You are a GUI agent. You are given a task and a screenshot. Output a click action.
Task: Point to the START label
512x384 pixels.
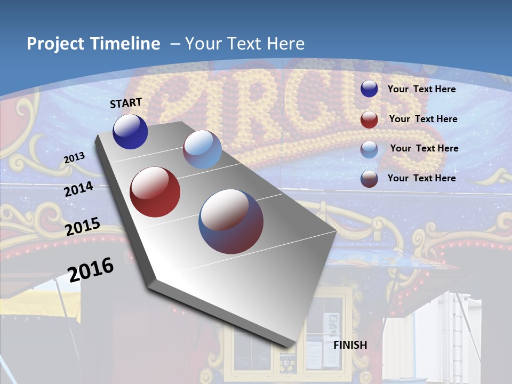126,103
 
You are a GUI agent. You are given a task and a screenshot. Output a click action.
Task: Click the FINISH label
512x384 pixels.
350,345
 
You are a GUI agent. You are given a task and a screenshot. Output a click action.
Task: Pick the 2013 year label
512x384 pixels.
74,158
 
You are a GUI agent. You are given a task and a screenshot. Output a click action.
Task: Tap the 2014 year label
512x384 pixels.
79,189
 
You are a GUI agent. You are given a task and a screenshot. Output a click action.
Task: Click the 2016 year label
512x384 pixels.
91,270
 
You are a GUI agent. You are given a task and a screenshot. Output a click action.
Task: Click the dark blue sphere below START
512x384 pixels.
130,132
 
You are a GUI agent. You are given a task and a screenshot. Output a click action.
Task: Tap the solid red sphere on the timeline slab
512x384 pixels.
155,192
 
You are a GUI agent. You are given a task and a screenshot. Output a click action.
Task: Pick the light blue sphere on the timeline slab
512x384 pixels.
202,149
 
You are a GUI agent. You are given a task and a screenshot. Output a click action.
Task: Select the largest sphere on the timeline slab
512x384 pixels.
231,221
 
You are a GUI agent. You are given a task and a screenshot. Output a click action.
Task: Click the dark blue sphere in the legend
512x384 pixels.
369,89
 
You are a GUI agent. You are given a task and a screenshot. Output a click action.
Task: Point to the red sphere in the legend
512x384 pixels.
369,119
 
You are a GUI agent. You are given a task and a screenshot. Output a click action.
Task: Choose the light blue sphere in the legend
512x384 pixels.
369,149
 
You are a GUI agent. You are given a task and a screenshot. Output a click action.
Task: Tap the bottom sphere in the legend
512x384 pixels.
369,179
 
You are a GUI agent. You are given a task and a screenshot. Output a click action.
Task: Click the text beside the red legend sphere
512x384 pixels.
423,119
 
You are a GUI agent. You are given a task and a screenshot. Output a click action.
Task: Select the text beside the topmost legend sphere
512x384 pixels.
421,89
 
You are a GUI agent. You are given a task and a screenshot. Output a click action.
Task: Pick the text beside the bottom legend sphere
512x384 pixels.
421,178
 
